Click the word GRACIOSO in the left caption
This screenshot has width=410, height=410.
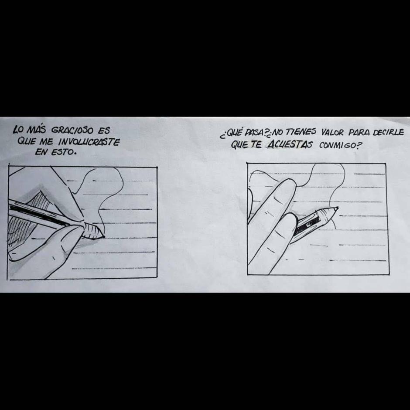(x=72, y=130)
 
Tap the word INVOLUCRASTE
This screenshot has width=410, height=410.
(x=89, y=142)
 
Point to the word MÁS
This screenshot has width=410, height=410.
(x=36, y=130)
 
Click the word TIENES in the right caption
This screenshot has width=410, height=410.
(x=300, y=132)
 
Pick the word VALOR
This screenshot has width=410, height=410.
(x=332, y=132)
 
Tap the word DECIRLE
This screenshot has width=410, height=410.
(x=388, y=133)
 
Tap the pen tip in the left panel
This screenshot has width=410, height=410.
(x=103, y=236)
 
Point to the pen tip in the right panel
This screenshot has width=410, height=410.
(x=337, y=208)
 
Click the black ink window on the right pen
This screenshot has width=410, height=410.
(x=307, y=225)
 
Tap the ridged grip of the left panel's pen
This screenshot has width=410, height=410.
(x=92, y=231)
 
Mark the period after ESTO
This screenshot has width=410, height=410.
(x=75, y=154)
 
